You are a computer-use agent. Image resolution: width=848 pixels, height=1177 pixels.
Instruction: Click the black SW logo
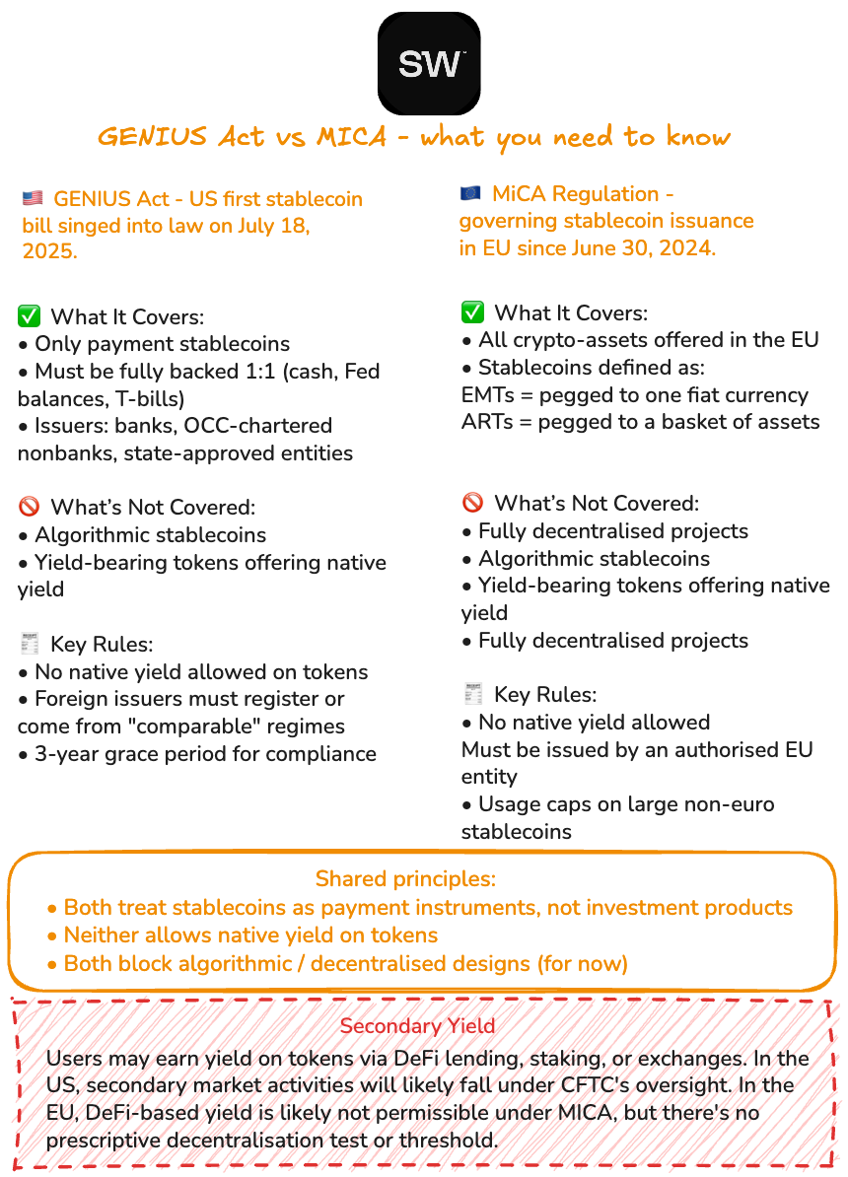tap(429, 63)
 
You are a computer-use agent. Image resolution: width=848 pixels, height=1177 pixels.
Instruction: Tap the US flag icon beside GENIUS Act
tap(32, 199)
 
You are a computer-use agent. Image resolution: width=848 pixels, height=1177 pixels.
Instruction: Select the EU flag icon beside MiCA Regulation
tap(470, 194)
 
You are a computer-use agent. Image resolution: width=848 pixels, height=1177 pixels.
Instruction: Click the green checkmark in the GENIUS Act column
tap(30, 316)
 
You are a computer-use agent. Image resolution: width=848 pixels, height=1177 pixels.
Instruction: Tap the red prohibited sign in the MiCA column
tap(473, 503)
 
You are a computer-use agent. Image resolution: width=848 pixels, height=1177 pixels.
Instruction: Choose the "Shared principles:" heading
tap(405, 878)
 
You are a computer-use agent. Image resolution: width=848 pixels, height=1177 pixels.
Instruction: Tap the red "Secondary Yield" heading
tap(417, 1026)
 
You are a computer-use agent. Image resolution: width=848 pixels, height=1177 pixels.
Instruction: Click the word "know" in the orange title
tap(697, 137)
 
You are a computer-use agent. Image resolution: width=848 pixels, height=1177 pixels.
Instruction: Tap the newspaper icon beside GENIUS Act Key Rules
tap(30, 645)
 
